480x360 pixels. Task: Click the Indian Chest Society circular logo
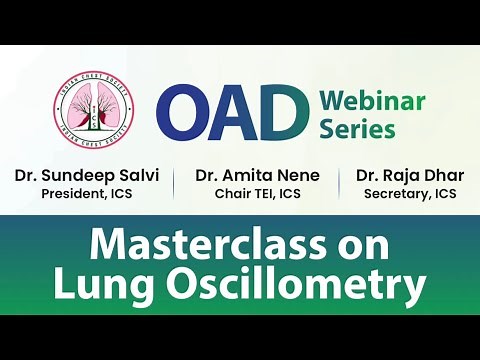(96, 111)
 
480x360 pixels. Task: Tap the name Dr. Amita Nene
(257, 175)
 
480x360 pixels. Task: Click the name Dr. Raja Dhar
(410, 175)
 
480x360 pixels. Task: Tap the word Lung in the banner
(100, 286)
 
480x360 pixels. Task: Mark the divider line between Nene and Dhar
(341, 184)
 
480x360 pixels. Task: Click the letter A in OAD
(234, 112)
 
